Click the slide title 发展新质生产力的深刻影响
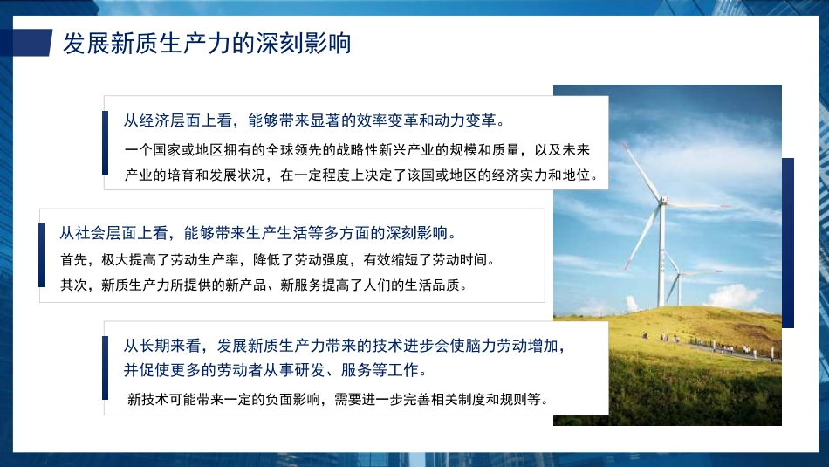pyautogui.click(x=207, y=43)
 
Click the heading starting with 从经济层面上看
pyautogui.click(x=315, y=120)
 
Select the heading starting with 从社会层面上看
pyautogui.click(x=257, y=233)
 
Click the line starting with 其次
pyautogui.click(x=264, y=285)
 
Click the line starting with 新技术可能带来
pyautogui.click(x=338, y=400)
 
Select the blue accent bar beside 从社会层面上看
pyautogui.click(x=41, y=255)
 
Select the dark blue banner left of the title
pyautogui.click(x=26, y=42)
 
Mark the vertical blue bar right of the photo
pyautogui.click(x=788, y=243)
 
